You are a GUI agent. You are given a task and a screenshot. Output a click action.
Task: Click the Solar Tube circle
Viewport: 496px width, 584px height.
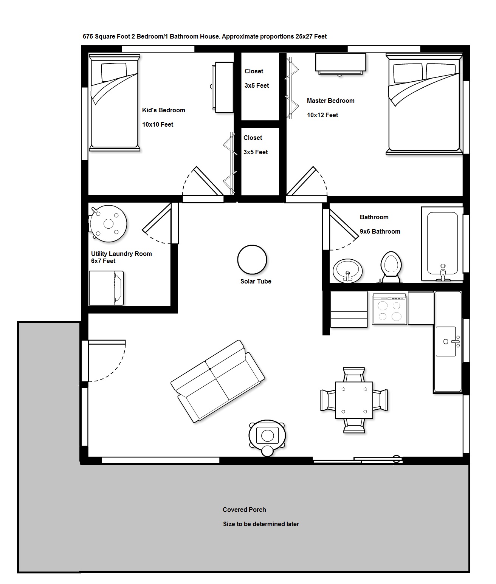coord(252,259)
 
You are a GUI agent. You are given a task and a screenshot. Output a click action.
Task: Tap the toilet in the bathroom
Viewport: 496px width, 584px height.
coord(391,267)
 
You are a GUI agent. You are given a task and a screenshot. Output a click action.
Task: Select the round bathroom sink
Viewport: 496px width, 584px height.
coord(348,270)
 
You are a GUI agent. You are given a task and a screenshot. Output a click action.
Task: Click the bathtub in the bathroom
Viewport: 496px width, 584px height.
coord(442,243)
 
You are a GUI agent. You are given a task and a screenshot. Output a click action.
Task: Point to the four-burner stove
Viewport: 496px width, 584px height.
coord(389,308)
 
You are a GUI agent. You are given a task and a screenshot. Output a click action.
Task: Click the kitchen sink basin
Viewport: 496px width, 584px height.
coord(446,341)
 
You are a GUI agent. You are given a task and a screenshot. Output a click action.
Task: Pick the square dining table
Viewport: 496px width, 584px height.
coord(354,400)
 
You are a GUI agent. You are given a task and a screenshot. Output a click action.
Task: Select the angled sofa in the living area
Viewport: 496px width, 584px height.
coord(218,381)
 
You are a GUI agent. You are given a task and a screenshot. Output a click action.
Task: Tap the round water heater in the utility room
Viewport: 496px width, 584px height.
coord(108,223)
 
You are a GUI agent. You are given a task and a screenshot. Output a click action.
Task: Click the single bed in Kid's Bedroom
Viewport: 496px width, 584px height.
coord(115,102)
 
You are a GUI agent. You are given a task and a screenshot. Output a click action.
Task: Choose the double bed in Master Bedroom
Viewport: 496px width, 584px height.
coord(424,104)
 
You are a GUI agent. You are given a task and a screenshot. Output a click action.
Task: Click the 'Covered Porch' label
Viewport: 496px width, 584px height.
coord(244,510)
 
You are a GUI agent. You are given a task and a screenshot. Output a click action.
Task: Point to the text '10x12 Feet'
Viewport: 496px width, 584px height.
coord(322,115)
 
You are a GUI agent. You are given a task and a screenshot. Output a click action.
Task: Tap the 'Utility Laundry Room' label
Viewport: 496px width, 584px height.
coord(121,254)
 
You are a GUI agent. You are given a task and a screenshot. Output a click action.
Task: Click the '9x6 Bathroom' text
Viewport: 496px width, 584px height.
coord(380,231)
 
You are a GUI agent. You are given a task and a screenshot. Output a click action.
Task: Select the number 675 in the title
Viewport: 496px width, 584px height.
coord(88,36)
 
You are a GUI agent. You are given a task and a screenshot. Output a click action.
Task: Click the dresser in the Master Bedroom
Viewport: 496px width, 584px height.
coord(341,64)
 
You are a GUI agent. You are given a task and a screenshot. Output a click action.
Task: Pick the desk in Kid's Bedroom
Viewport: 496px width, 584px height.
coord(223,87)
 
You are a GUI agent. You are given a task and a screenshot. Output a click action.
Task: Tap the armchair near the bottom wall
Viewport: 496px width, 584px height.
coord(267,437)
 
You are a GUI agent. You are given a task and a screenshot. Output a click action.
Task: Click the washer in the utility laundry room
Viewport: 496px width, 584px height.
coord(106,288)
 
